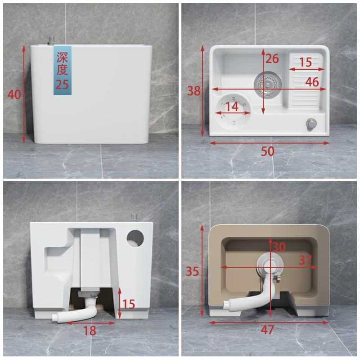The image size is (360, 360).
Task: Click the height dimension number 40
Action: tap(14, 94)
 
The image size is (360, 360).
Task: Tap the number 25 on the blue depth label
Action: tap(62, 85)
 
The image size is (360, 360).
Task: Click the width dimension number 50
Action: tap(267, 151)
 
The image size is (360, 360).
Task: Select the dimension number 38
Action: tap(194, 91)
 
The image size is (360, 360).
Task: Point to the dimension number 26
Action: tap(272, 58)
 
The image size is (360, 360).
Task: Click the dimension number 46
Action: tap(312, 82)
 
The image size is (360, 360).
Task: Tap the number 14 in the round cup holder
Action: tap(232, 107)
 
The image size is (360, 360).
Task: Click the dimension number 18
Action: tap(90, 331)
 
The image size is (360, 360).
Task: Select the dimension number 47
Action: tap(267, 330)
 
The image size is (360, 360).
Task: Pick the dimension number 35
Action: tap(193, 271)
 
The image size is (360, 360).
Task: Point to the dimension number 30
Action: tap(279, 247)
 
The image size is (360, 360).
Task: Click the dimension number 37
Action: tap(305, 260)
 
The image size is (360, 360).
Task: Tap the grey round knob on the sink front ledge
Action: tap(311, 125)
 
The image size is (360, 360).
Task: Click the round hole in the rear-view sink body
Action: tap(135, 239)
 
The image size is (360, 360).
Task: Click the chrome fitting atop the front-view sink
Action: tap(50, 41)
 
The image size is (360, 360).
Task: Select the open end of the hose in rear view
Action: tap(54, 318)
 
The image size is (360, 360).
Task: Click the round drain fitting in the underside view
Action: tap(270, 264)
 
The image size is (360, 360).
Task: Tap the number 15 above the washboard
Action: tap(306, 62)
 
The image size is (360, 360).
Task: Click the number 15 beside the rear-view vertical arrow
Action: tap(129, 304)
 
